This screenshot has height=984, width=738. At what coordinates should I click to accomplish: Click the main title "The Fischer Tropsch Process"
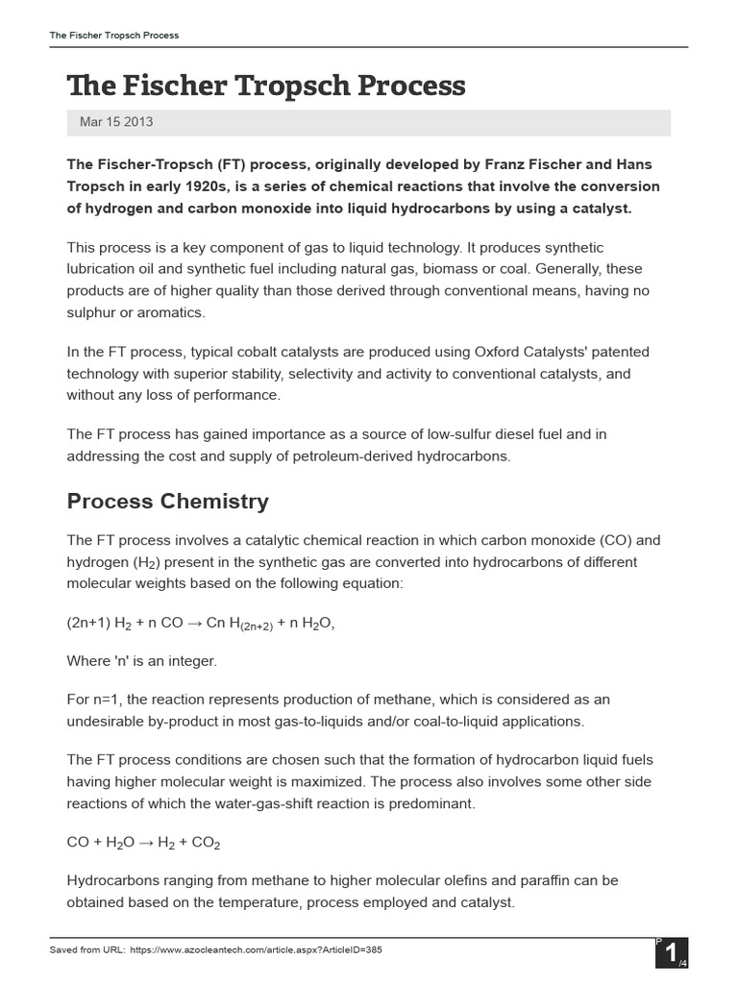(x=266, y=86)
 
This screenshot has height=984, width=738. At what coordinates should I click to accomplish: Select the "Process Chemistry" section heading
(x=167, y=502)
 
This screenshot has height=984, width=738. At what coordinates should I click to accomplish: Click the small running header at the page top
(x=114, y=36)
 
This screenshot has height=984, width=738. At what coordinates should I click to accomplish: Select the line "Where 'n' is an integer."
(x=142, y=661)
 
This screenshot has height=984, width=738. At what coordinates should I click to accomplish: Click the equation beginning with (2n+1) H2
(x=200, y=624)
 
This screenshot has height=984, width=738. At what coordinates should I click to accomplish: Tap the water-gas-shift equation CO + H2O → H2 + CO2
(x=143, y=843)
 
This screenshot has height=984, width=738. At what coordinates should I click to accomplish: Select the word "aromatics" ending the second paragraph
(x=173, y=312)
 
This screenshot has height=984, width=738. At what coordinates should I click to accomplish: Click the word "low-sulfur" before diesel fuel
(x=454, y=434)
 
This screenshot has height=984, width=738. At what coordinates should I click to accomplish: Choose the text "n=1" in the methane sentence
(x=103, y=699)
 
